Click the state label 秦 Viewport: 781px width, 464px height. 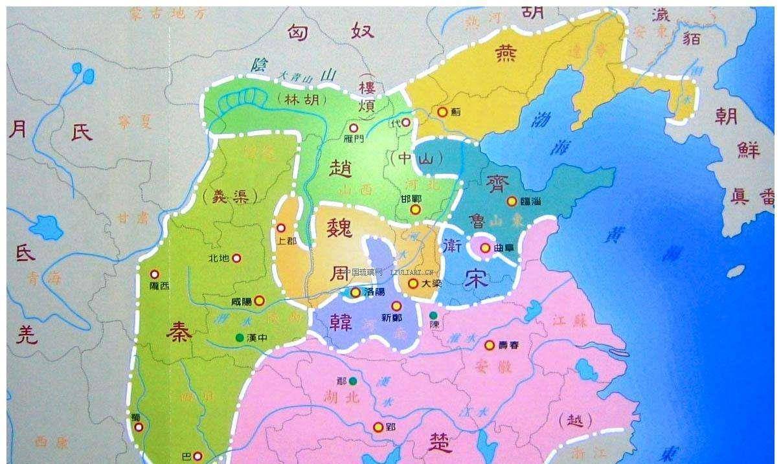click(179, 333)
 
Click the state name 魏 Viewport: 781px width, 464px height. click(340, 229)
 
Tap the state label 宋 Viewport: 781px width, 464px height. click(478, 276)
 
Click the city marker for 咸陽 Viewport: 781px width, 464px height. click(259, 300)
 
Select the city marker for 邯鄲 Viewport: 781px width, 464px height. click(415, 210)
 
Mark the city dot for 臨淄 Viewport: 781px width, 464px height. click(512, 201)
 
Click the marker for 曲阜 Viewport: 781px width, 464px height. click(485, 247)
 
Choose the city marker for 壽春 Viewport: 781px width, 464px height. click(490, 345)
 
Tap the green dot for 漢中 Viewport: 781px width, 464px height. click(240, 337)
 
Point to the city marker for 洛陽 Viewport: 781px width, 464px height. click(356, 293)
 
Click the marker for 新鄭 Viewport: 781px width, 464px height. click(396, 305)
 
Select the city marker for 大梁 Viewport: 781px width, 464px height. click(413, 283)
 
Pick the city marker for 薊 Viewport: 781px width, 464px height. click(442, 112)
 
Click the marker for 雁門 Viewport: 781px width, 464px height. click(354, 128)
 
